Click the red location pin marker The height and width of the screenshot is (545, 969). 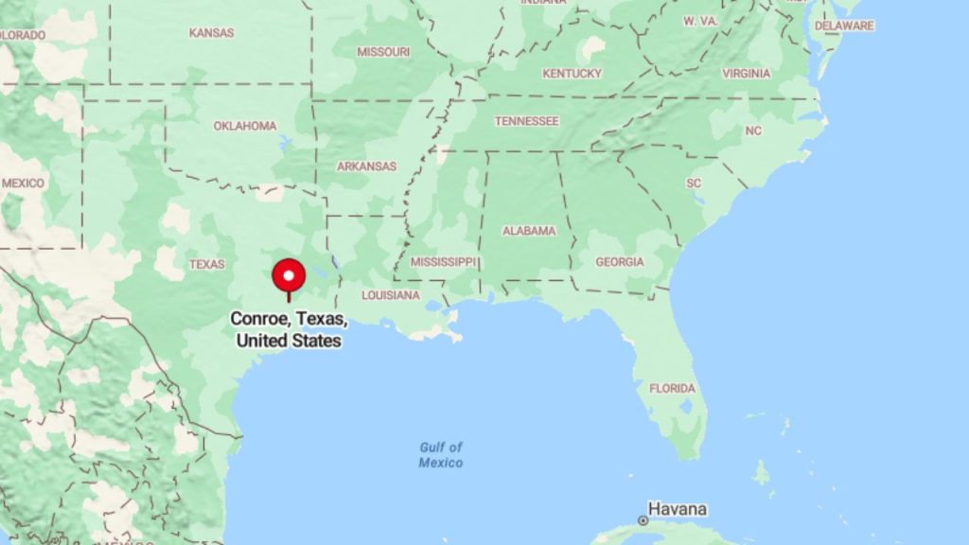click(289, 276)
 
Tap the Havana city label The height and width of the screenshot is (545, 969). click(678, 509)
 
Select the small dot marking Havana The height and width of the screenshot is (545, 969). click(643, 520)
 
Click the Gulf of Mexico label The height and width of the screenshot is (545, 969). click(441, 455)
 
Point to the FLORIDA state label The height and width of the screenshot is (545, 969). click(672, 388)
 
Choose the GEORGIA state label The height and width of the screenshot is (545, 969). click(620, 261)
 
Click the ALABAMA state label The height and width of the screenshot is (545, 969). click(529, 231)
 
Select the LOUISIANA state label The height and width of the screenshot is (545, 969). click(389, 295)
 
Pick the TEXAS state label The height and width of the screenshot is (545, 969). click(206, 264)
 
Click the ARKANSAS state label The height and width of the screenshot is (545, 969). click(367, 167)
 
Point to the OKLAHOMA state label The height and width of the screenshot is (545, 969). click(244, 126)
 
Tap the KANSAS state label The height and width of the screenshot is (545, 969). click(211, 33)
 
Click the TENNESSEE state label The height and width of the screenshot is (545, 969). click(527, 121)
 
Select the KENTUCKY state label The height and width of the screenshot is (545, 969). click(572, 74)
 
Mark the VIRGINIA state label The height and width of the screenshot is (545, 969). click(746, 74)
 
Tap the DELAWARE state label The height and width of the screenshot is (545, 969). click(844, 26)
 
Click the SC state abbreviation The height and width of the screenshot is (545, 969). click(694, 183)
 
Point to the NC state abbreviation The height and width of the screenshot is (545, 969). click(753, 131)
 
